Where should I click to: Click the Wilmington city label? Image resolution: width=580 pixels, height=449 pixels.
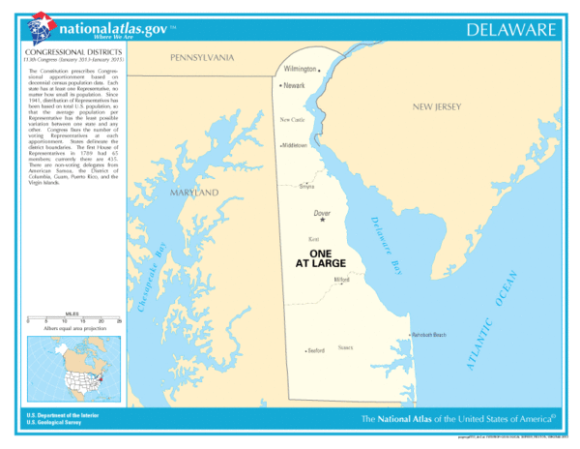tap(300, 70)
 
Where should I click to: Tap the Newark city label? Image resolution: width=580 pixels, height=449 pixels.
tap(294, 86)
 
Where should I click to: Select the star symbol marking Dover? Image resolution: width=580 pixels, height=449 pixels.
tap(323, 221)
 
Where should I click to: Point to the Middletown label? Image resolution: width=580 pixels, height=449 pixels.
tap(294, 145)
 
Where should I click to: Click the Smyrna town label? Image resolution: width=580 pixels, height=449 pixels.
tap(333, 186)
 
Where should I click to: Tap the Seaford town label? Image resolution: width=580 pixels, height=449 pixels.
tap(316, 350)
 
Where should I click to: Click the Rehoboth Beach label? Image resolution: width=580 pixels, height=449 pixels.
tap(427, 335)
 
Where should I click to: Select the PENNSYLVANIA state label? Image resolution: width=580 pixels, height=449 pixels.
tap(202, 58)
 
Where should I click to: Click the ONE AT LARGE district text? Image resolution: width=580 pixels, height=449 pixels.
tap(320, 257)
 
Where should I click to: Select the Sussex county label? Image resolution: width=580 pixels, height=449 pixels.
tap(345, 346)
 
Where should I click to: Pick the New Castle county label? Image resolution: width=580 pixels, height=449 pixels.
tap(293, 119)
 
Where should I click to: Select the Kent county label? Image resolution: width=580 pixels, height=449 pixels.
tap(313, 238)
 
